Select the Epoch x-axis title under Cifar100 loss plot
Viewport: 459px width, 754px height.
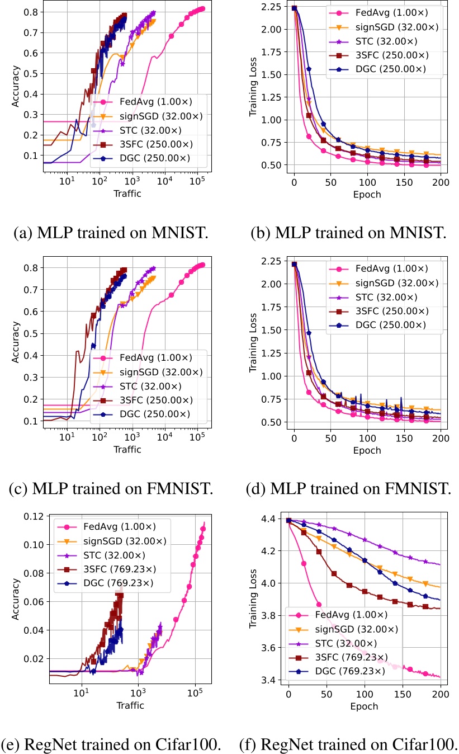point(364,705)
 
